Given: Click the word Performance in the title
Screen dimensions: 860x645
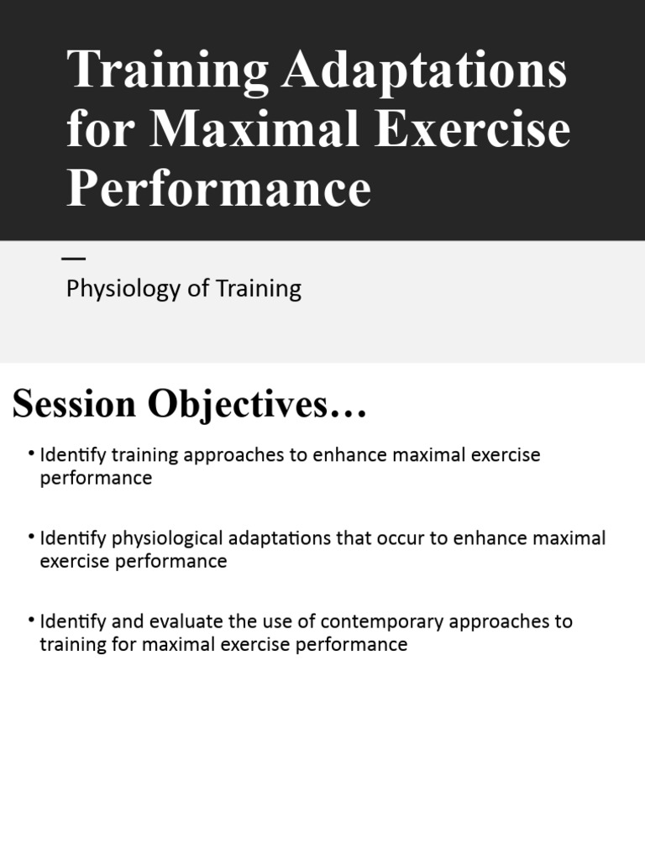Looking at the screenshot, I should (x=218, y=187).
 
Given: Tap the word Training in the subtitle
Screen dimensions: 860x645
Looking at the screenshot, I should (x=258, y=290).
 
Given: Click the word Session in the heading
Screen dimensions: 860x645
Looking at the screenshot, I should (x=74, y=405).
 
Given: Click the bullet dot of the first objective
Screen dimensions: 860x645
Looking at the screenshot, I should (x=31, y=454).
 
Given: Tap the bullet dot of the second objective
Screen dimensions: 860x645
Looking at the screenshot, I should (x=31, y=537).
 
